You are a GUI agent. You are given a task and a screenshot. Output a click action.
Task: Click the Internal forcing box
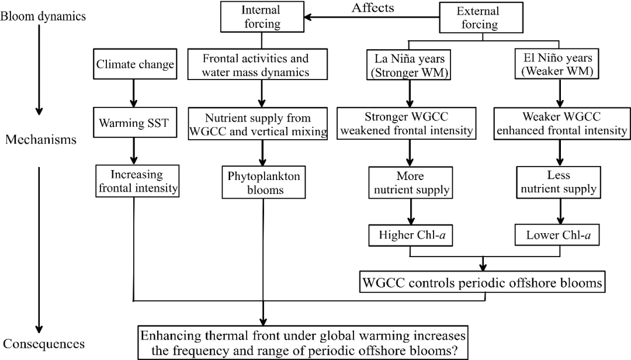[x=260, y=18]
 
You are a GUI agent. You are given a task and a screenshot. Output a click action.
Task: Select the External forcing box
[x=478, y=18]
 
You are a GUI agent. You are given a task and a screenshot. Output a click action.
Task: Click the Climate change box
[x=135, y=65]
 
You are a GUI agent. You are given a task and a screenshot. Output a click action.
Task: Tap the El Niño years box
[x=560, y=65]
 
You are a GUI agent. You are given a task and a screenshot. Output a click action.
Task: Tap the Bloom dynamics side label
[x=43, y=16]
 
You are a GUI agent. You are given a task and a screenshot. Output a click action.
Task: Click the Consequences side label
[x=44, y=344]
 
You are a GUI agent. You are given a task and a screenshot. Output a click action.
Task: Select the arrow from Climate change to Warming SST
[x=134, y=95]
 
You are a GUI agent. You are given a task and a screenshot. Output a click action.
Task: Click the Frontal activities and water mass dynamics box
[x=255, y=65]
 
